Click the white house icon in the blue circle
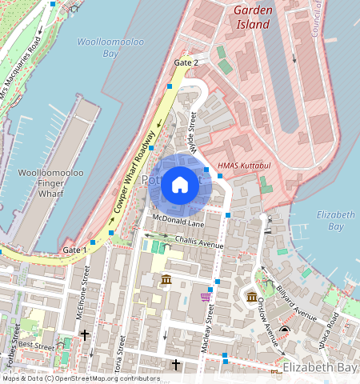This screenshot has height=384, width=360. (x=180, y=186)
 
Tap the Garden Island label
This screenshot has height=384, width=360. (x=253, y=17)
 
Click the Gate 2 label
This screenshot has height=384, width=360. (x=186, y=62)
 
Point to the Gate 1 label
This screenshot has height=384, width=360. (x=74, y=250)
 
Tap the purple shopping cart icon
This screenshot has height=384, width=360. (x=206, y=297)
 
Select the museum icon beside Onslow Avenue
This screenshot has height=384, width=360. (x=252, y=298)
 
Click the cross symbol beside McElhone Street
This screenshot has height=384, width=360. (x=82, y=334)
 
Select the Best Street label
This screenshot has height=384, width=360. (x=35, y=346)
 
